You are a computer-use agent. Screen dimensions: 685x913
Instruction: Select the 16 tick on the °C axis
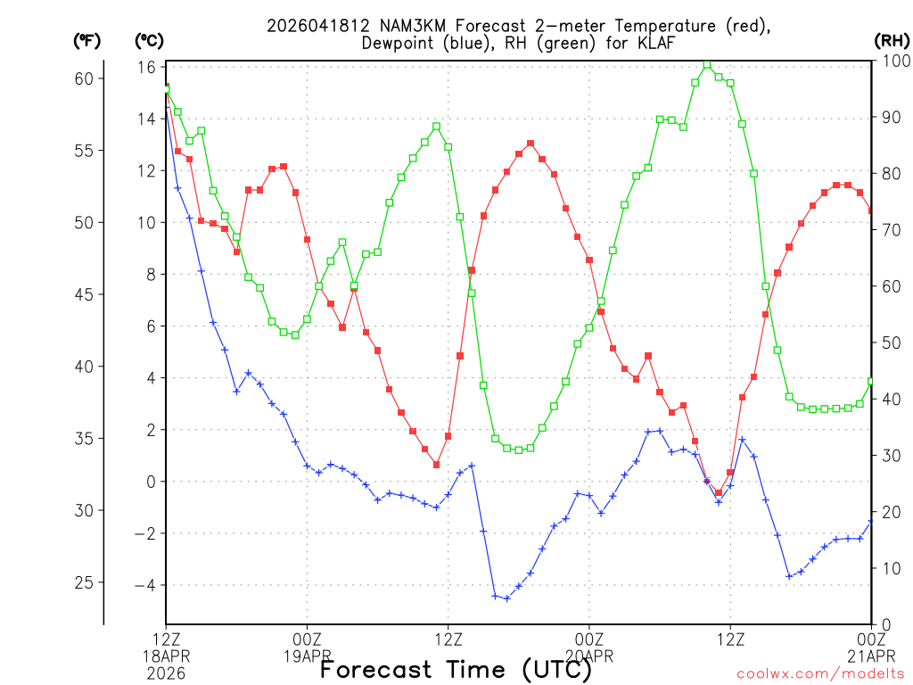point(147,68)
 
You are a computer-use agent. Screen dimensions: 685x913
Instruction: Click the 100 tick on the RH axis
point(892,61)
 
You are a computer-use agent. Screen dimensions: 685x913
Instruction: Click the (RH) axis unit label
point(892,40)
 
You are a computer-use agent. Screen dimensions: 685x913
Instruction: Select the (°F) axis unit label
point(87,40)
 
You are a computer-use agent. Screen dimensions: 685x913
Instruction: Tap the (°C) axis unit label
point(150,40)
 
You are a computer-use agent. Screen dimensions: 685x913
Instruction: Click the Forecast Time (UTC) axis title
point(456,669)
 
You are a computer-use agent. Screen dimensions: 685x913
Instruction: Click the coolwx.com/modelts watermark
point(820,673)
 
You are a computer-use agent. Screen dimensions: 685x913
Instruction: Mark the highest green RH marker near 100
point(707,64)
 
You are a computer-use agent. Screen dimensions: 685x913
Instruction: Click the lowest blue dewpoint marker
point(507,598)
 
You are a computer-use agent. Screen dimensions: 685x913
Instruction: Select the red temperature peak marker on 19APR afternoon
point(531,143)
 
